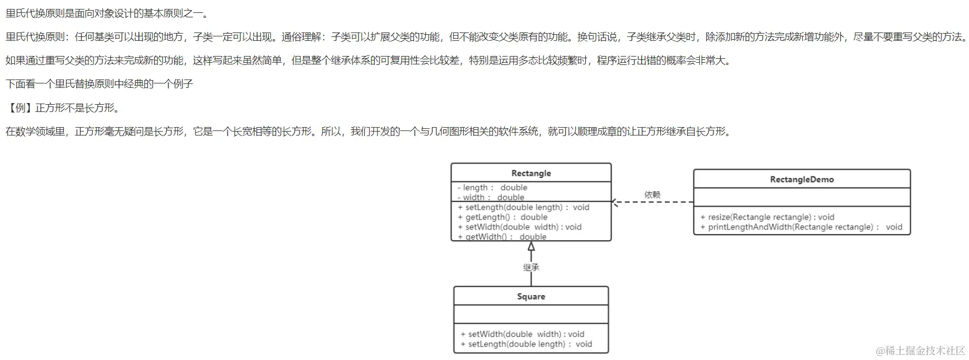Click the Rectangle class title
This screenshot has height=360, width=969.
(531, 173)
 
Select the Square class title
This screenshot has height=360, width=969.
(531, 296)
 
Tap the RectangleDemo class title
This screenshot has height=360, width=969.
(802, 179)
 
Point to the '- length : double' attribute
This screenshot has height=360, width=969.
(492, 188)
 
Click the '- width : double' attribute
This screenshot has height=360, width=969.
(491, 197)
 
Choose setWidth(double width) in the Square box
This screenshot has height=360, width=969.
(522, 334)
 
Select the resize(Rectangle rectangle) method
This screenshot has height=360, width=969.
(767, 217)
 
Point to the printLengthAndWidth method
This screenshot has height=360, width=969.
(801, 227)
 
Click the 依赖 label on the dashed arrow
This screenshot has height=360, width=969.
(653, 195)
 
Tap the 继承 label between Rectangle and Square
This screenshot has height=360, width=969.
(531, 268)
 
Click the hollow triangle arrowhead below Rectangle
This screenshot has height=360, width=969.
(531, 246)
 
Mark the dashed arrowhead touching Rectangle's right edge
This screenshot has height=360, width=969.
(615, 202)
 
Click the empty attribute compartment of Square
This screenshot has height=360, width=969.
(531, 314)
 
